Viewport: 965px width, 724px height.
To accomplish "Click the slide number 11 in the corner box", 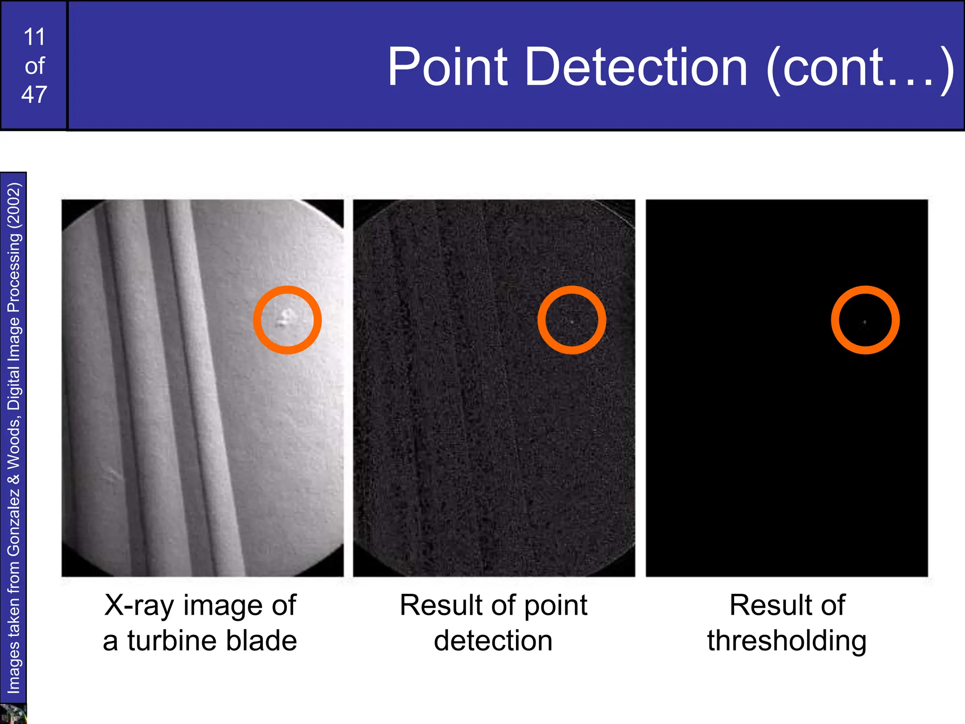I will [x=34, y=37].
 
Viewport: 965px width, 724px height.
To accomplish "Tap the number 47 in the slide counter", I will [x=34, y=94].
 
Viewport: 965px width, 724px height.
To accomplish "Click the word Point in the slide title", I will [x=448, y=67].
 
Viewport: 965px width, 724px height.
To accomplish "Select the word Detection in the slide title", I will [x=636, y=67].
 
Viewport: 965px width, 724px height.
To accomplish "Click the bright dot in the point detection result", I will [x=572, y=321].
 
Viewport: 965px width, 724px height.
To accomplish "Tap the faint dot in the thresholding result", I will [x=865, y=322].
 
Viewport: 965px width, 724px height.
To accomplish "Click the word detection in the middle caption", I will [x=493, y=641].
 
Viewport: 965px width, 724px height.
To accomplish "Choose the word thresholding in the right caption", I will [x=787, y=641].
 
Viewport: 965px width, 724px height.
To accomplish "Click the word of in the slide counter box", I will [x=34, y=66].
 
